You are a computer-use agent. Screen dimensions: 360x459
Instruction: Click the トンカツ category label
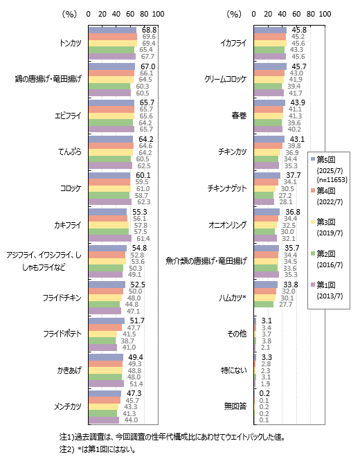70,43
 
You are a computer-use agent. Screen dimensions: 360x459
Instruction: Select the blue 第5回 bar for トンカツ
112,30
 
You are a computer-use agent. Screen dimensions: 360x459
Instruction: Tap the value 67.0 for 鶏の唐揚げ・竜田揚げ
147,66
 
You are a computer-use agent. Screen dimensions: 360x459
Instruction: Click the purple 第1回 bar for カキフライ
110,238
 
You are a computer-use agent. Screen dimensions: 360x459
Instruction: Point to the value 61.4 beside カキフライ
143,239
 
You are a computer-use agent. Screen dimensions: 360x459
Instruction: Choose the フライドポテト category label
62,334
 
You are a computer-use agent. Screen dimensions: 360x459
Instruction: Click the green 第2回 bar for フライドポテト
102,341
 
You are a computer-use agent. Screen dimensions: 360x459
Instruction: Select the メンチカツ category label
68,406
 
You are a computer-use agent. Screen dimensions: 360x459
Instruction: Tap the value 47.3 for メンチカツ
134,393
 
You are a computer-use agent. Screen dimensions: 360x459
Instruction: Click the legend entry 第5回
326,160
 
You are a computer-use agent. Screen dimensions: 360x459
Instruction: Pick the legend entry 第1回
326,285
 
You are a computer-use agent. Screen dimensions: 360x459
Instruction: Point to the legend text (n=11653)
332,180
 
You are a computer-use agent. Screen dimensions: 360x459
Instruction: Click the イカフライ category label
233,43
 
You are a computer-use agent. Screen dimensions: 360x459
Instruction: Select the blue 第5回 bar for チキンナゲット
267,175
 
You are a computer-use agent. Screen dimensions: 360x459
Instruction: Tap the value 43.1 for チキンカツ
297,139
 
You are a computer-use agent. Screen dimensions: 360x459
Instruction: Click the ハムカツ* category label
233,298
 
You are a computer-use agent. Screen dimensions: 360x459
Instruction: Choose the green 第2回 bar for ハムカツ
264,305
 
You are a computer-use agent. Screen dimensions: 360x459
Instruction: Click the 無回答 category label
235,406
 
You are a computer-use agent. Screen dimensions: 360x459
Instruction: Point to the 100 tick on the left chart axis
158,14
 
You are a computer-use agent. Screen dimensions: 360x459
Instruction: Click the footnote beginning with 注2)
98,449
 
